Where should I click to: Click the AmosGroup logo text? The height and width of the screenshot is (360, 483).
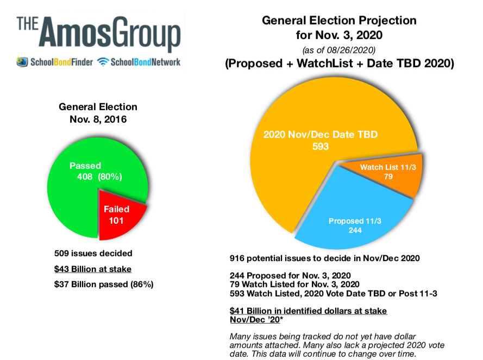point(98,34)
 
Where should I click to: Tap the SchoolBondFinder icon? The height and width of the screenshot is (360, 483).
point(22,62)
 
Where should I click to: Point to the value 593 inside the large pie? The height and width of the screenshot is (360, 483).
point(321,146)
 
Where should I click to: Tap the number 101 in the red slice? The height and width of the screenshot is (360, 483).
point(116,220)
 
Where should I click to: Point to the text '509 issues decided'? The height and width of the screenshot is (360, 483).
point(93,253)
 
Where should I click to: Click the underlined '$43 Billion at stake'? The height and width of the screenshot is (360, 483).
point(92,269)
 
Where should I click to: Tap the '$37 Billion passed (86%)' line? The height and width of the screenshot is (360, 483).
point(104,284)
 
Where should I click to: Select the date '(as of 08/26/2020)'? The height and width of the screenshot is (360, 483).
point(340,49)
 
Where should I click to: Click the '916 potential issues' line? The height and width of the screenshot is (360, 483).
point(324,258)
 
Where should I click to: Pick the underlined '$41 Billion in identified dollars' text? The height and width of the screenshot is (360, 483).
point(309,311)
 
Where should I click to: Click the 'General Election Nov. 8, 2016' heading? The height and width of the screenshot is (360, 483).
point(98,113)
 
